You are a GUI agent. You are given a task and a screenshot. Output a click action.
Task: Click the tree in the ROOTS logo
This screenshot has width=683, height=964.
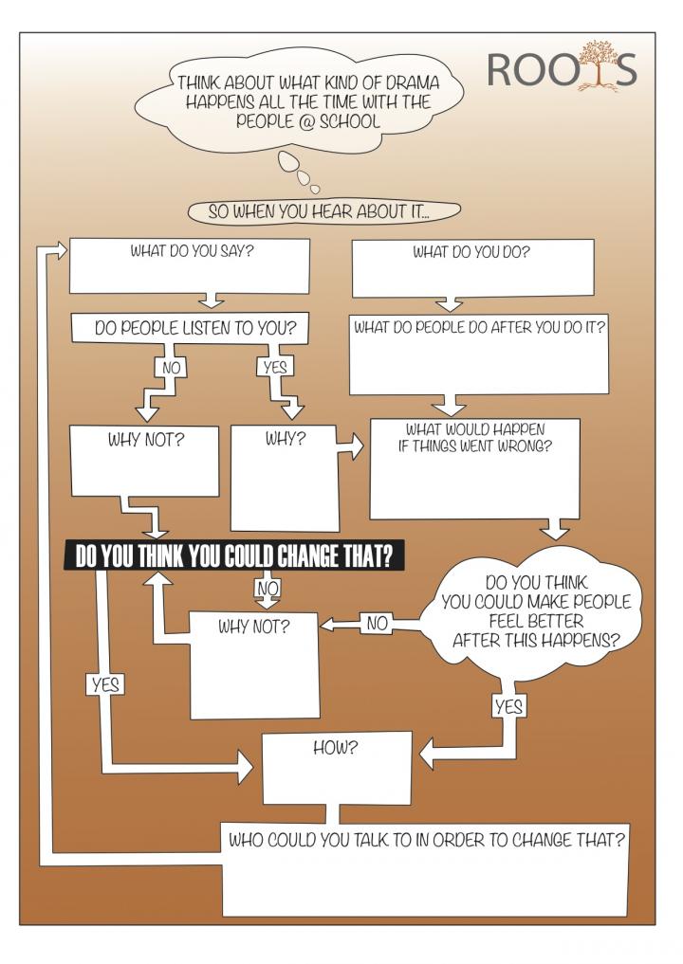point(597,66)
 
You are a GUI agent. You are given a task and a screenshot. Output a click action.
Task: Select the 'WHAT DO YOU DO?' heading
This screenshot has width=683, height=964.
point(471,253)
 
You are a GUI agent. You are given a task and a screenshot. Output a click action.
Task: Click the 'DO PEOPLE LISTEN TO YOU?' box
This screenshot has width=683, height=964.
point(195,328)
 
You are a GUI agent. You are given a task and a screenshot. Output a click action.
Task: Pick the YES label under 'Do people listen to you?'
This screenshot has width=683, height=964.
point(274,366)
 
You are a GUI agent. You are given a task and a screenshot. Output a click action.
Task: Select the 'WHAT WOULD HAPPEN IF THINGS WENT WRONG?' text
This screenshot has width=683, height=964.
point(474,437)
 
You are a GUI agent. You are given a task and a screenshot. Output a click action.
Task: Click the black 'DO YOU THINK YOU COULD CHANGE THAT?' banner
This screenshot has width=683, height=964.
point(233,556)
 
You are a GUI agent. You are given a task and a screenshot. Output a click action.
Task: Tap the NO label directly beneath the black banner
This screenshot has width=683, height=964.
point(268,589)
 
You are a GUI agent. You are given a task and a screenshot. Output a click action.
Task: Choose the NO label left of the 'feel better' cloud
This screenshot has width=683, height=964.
point(377,623)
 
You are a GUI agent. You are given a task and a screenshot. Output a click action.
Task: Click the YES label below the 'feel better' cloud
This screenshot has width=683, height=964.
point(509,706)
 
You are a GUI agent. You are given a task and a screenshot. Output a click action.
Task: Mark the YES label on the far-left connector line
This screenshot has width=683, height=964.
point(105,683)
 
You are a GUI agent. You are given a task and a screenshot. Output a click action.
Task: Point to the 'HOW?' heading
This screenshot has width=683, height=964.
point(335,748)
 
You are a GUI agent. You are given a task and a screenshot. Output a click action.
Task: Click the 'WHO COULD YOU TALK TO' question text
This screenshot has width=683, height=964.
point(426,839)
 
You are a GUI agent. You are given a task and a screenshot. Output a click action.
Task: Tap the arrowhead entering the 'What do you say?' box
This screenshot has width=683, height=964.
point(59,250)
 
